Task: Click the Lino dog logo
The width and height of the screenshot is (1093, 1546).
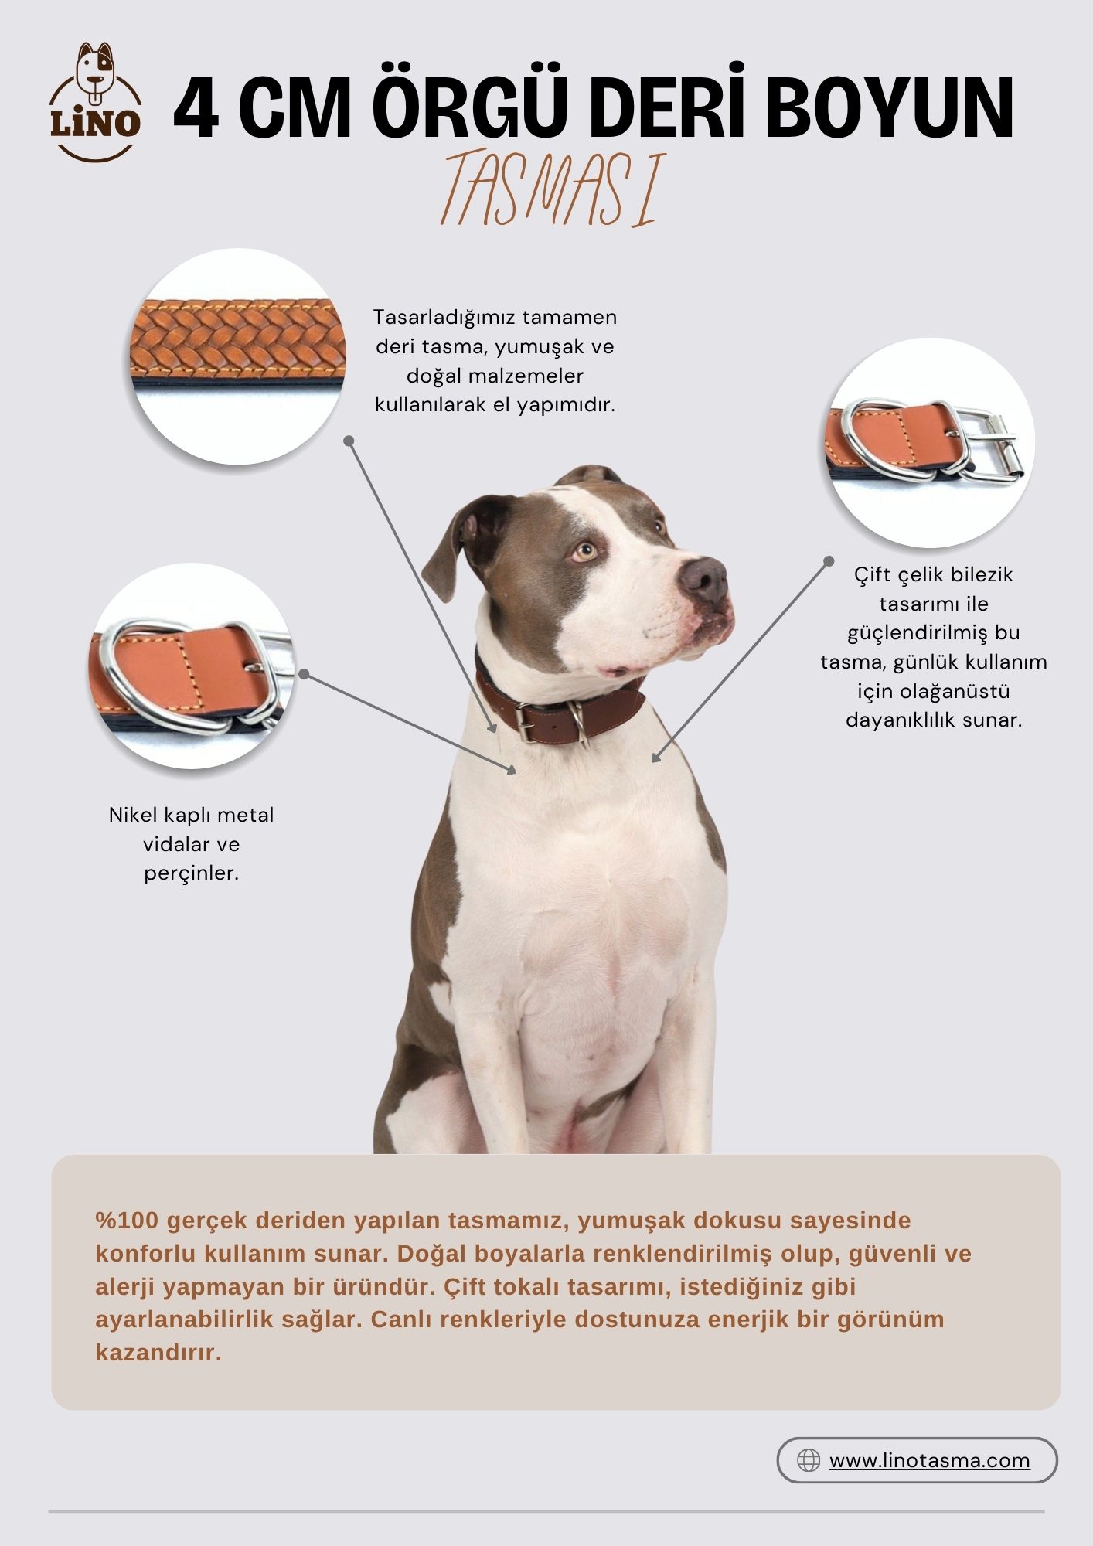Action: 96,103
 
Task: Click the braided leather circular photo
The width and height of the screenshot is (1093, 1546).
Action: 237,356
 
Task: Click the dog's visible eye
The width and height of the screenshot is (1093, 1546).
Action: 585,552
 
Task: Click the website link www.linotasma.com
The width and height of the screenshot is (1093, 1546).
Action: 929,1460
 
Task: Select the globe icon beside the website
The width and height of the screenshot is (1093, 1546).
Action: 809,1460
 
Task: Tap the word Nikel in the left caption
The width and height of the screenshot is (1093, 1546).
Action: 133,815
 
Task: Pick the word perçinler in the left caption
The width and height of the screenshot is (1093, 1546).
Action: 191,874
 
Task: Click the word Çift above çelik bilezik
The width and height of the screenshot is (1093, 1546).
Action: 873,575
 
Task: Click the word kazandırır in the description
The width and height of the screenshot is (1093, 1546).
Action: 158,1352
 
